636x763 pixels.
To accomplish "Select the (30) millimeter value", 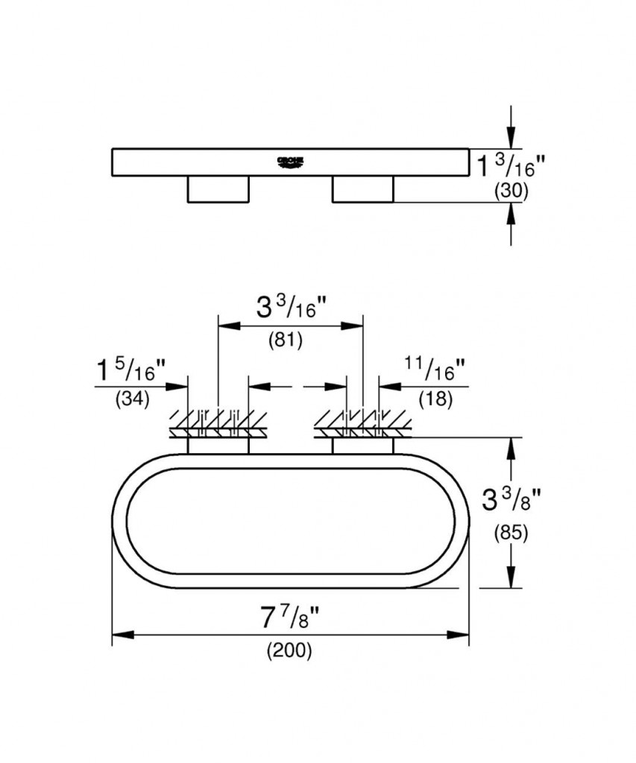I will [511, 191].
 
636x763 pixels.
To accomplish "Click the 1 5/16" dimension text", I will [131, 369].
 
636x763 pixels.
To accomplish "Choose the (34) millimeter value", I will [132, 399].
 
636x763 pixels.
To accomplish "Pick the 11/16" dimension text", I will [435, 367].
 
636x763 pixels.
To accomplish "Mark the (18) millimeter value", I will [435, 399].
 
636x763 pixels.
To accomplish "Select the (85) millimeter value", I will [511, 534].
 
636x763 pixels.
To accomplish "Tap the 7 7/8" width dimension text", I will [290, 617].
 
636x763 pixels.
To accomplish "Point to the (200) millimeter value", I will [289, 650].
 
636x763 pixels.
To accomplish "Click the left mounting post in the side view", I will [217, 189].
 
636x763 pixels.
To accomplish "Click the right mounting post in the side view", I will [362, 189].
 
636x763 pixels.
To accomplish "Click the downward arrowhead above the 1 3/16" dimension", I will [511, 138].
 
